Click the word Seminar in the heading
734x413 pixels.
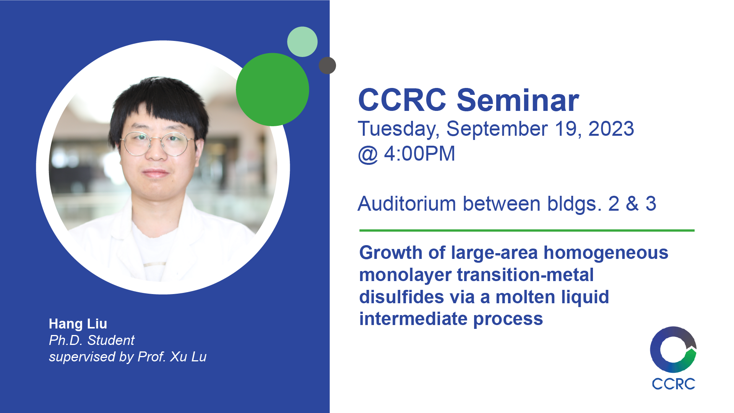tap(518, 100)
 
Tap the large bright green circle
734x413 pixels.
tap(272, 89)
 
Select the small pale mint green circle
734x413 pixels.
tap(302, 42)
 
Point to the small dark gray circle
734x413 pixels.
tap(327, 65)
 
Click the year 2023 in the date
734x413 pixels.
tap(611, 128)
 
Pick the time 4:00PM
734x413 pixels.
tap(420, 154)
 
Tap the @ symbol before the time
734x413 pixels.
tap(368, 155)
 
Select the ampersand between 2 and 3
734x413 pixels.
tap(632, 203)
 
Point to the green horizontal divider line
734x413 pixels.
tap(527, 231)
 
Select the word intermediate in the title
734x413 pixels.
tap(413, 319)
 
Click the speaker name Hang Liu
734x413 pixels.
tap(78, 324)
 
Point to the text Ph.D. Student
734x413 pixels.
tap(92, 340)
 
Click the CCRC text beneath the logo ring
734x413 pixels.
tap(673, 384)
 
